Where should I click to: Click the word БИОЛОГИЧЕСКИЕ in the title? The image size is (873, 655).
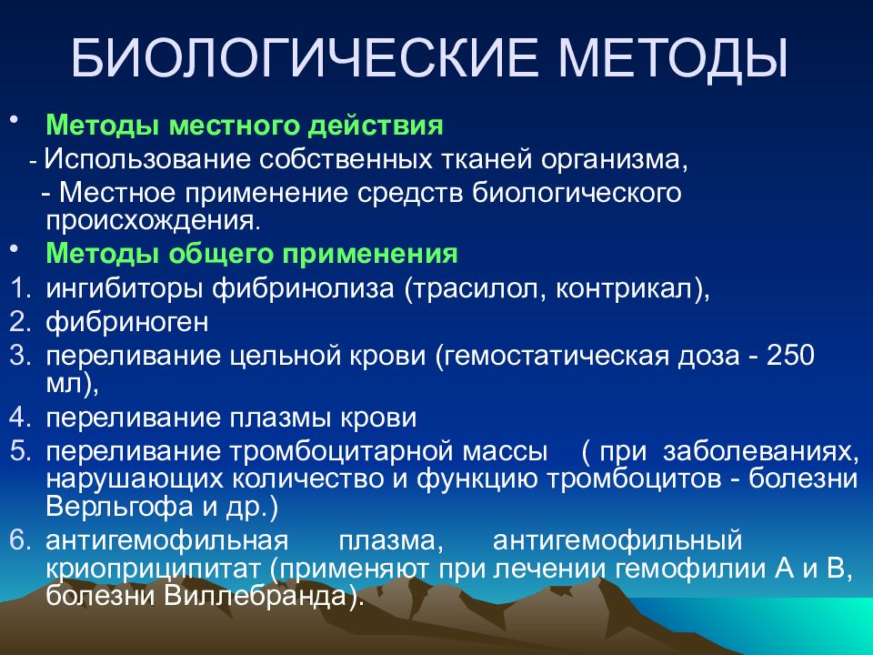[306, 58]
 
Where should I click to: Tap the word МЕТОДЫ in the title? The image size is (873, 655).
[673, 59]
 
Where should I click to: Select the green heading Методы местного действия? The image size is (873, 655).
[245, 126]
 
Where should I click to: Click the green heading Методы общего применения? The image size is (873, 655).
[252, 254]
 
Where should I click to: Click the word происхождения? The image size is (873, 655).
[153, 222]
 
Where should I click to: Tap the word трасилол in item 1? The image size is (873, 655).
[477, 289]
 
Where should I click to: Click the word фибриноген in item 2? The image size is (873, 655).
[127, 323]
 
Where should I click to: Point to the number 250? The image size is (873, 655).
[790, 356]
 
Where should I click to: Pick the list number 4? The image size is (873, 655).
[19, 418]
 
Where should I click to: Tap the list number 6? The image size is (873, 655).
[19, 540]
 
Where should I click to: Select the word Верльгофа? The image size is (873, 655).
[119, 508]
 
